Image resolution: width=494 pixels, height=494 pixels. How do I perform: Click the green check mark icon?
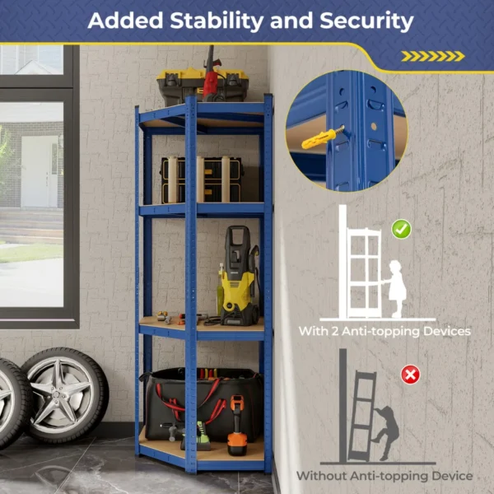tap(401, 228)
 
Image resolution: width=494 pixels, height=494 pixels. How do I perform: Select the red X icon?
tap(409, 375)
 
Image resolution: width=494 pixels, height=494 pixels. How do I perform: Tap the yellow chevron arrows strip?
tap(432, 56)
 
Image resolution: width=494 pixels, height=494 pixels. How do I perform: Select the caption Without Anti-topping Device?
tap(384, 476)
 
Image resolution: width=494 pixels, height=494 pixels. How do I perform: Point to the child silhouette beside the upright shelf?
tap(397, 288)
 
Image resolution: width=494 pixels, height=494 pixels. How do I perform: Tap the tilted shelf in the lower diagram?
tap(360, 416)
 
